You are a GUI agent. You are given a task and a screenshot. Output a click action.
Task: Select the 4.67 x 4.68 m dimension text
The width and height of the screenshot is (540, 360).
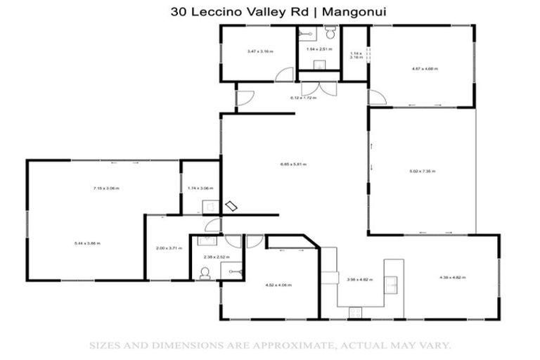point(425,69)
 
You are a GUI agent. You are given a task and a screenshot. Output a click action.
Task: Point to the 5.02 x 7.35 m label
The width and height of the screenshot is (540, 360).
point(423,171)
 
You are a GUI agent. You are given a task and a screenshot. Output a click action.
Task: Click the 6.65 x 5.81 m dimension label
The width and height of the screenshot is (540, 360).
point(293,165)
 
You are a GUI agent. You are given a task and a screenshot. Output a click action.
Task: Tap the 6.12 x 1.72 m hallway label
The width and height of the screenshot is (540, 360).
point(304,98)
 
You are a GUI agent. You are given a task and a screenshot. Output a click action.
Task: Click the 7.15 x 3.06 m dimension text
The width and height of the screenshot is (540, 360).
point(106,188)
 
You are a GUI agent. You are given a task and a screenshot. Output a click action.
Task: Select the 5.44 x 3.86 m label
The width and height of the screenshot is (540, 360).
point(88,243)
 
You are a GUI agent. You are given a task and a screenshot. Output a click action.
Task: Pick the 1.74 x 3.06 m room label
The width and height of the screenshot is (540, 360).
point(200,188)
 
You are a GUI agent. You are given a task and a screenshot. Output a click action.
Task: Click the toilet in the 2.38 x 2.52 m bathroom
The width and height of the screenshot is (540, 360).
point(205,274)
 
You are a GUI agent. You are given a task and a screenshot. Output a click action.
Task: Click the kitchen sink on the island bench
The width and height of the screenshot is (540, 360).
point(392,283)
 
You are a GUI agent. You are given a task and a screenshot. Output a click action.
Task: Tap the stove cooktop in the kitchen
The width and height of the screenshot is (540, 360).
point(356,311)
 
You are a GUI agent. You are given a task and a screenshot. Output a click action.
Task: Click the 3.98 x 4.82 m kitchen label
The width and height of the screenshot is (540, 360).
point(359,279)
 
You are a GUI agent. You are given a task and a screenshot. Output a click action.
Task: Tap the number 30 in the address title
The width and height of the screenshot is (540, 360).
point(177,11)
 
